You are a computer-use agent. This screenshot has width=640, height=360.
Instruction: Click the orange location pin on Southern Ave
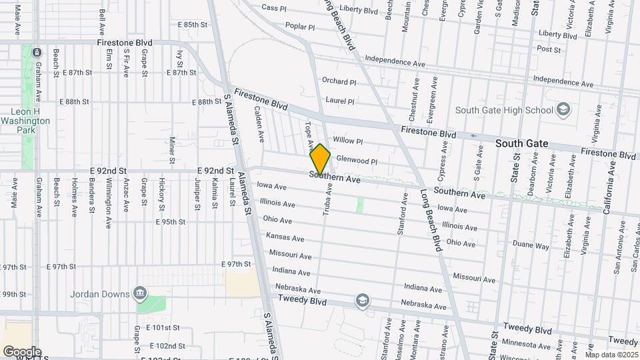(x=320, y=159)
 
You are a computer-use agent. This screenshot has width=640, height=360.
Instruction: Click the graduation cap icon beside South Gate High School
(x=563, y=109)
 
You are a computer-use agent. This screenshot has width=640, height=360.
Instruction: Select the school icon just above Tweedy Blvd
(x=362, y=301)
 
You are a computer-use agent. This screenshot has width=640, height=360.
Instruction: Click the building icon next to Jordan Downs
(x=139, y=293)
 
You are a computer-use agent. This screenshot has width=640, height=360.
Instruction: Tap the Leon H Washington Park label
(x=25, y=116)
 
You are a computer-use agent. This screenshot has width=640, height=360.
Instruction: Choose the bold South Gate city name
(x=522, y=143)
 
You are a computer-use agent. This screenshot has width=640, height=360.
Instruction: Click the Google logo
(x=22, y=351)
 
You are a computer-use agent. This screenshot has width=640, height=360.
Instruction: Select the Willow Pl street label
(x=347, y=141)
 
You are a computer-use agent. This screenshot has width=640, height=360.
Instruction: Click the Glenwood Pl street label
(x=357, y=161)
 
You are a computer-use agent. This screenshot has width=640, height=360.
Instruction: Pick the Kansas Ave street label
(x=285, y=237)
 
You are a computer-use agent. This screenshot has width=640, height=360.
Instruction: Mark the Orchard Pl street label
(x=339, y=81)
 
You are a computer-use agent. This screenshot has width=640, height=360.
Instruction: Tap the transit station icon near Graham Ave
(x=37, y=52)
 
